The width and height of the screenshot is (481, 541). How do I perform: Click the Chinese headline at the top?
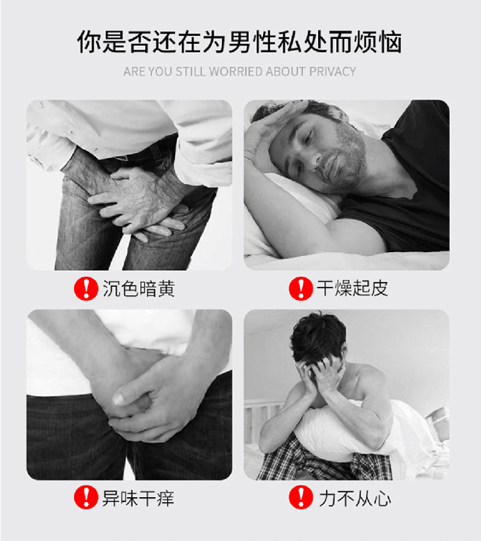(x=240, y=43)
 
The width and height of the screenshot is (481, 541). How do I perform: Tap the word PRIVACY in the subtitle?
(x=332, y=72)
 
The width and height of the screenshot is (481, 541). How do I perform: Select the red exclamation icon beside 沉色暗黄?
(x=86, y=289)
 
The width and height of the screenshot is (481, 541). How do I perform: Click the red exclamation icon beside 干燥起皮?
(x=300, y=289)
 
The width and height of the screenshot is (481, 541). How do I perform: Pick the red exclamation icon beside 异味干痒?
(x=86, y=498)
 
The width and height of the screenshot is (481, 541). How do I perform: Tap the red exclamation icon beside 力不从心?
(x=300, y=498)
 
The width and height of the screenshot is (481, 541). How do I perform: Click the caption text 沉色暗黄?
(x=139, y=289)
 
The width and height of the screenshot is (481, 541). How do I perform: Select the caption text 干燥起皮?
(x=353, y=289)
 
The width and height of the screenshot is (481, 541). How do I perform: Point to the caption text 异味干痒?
(x=139, y=498)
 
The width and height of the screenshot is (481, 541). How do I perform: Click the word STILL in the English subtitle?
(x=190, y=72)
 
